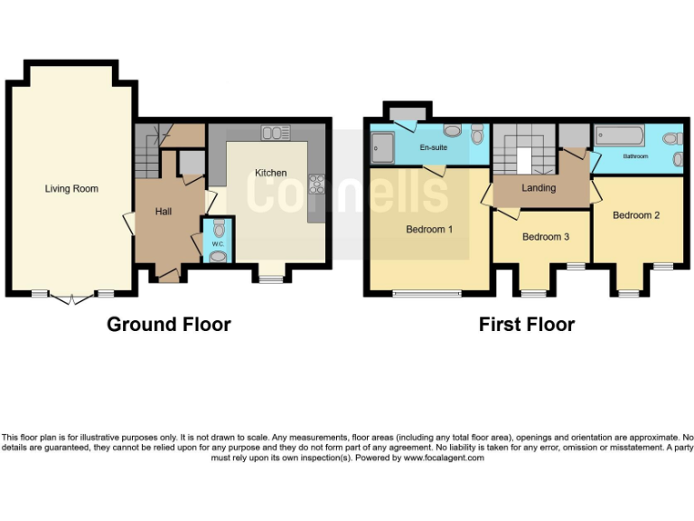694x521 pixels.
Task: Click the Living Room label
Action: tap(71, 189)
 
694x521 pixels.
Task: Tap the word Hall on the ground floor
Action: tap(164, 212)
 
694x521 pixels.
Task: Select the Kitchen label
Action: tap(270, 173)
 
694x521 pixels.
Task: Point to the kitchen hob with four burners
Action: tap(317, 184)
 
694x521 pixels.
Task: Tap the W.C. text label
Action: tap(218, 243)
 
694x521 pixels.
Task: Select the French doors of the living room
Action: tap(68, 298)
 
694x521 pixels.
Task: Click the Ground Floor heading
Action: tap(169, 324)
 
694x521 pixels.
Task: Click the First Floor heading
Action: tap(527, 324)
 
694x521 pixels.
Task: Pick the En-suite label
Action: tap(434, 147)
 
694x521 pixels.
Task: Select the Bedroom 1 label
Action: tap(429, 230)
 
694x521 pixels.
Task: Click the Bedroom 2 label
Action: tap(636, 215)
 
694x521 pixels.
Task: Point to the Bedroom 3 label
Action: tap(546, 237)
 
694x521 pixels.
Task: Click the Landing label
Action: tap(539, 188)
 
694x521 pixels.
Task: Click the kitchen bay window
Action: tap(270, 278)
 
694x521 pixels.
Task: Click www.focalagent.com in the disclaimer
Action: tap(443, 458)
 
